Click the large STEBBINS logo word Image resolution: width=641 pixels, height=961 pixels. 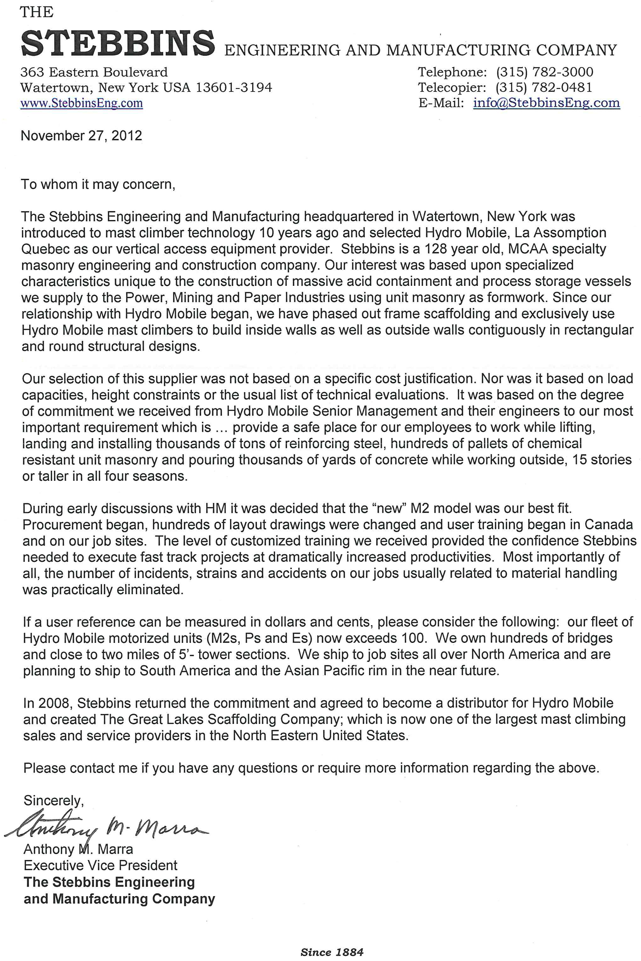point(118,43)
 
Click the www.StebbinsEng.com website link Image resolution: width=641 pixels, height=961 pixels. point(82,103)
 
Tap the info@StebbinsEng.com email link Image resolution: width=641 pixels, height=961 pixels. point(546,103)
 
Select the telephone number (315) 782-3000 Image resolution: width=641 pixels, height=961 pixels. point(545,72)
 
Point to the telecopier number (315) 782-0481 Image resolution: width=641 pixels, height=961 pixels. point(544,87)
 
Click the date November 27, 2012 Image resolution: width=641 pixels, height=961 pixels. point(81,135)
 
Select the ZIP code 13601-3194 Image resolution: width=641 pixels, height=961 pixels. point(234,87)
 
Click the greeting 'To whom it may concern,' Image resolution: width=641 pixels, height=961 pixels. point(98,184)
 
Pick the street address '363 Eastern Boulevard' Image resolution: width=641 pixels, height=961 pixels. point(94,72)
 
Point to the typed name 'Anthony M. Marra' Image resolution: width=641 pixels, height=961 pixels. point(78,849)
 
